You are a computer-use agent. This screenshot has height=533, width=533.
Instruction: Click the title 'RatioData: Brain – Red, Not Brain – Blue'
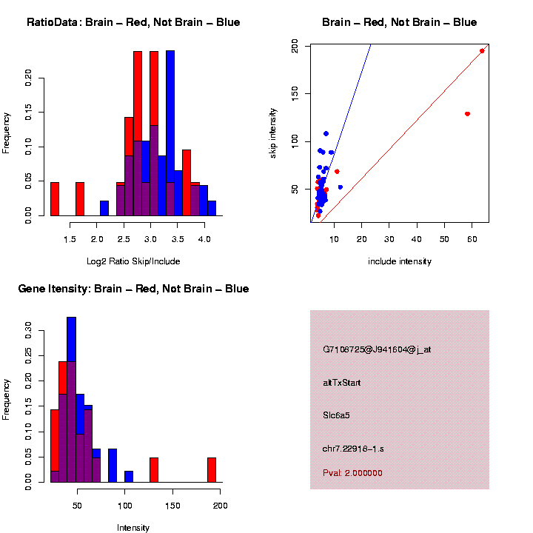133,22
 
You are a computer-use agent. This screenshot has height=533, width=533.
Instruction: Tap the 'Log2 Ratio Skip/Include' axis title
133,261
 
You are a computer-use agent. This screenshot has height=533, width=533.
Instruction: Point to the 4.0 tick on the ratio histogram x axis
203,239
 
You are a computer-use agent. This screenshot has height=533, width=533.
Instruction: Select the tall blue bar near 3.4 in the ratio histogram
170,133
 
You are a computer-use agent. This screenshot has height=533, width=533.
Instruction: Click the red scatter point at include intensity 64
482,51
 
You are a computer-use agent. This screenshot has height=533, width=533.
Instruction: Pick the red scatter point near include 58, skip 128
467,114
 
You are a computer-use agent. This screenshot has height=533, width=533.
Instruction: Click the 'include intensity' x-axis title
400,261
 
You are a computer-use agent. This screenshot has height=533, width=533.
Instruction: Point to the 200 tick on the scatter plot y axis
295,47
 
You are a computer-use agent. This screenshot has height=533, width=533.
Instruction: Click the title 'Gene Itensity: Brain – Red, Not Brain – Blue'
133,289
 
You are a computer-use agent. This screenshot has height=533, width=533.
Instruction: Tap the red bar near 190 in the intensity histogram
212,470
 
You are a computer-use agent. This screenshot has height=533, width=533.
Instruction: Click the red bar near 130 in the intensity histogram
154,470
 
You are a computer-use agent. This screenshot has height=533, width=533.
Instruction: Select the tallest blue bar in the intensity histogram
72,400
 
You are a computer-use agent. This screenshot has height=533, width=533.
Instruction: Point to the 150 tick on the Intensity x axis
172,506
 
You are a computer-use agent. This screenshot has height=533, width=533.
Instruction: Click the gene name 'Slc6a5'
336,415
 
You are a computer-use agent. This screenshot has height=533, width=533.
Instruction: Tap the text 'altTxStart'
341,383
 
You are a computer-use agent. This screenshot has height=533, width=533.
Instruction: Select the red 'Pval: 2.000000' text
352,473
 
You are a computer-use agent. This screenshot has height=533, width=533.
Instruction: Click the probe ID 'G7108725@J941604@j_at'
377,349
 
